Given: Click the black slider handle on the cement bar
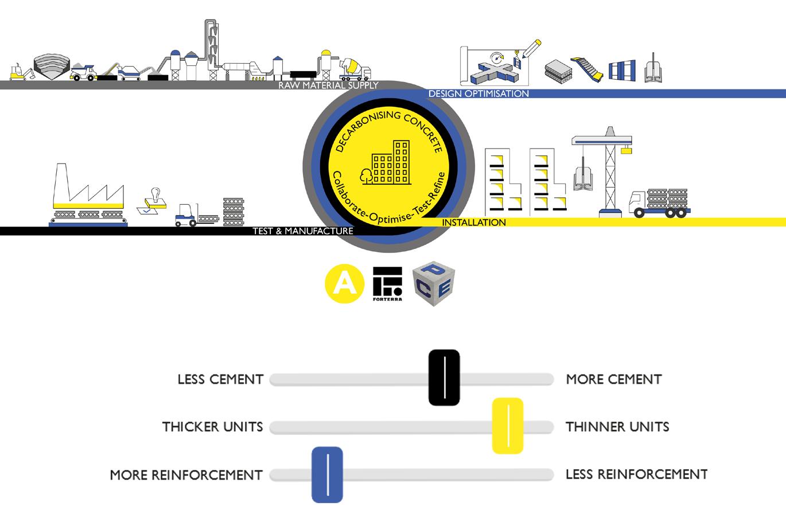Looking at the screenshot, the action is (x=444, y=377).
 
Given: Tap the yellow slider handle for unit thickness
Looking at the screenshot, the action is (x=508, y=426).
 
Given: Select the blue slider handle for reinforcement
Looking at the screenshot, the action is (x=327, y=474).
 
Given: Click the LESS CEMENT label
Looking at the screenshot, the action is (x=220, y=379).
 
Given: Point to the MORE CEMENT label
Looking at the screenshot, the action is (x=614, y=379).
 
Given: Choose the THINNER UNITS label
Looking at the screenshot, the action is (x=617, y=427).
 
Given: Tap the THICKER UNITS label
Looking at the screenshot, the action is (x=212, y=427).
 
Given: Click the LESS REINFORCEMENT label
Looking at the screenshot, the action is (x=636, y=474).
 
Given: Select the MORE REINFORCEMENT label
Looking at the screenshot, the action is (x=186, y=475).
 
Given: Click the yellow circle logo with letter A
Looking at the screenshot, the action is (x=344, y=284).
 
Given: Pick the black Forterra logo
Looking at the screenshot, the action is (x=388, y=283).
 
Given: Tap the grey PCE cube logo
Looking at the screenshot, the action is (x=434, y=283).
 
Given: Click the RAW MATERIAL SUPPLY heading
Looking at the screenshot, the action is (x=328, y=85).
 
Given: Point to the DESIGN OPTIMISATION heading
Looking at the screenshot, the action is (x=478, y=94).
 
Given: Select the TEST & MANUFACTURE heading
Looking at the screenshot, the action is (x=303, y=231).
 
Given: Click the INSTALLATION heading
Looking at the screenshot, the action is (x=474, y=223).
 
